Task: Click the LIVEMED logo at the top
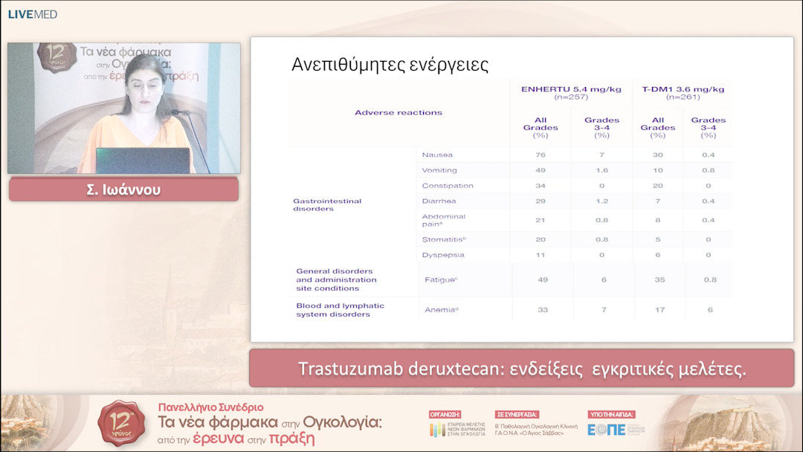point(32,14)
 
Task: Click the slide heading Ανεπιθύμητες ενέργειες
point(390,65)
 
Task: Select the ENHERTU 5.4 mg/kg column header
point(571,93)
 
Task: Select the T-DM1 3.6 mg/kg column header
point(683,93)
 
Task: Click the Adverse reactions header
point(399,113)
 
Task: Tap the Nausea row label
point(437,155)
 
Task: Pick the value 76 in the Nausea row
point(541,155)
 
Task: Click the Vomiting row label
point(439,170)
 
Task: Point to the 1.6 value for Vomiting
point(602,170)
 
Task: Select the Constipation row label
point(447,186)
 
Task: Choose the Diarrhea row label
point(439,201)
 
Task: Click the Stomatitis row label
point(442,239)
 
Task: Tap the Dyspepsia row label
point(442,255)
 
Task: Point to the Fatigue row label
point(440,280)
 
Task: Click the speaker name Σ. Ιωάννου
point(123,190)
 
